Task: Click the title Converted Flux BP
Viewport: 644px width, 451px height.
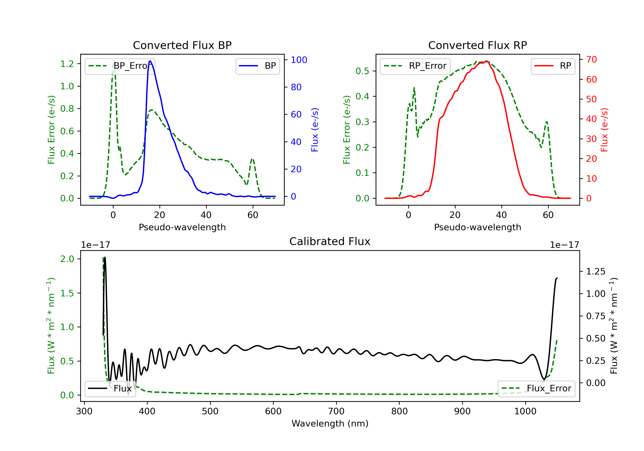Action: pos(182,45)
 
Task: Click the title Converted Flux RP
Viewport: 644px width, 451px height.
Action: pos(477,45)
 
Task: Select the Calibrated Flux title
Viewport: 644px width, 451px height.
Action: pos(330,241)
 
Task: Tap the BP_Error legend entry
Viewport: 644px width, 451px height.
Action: pos(120,66)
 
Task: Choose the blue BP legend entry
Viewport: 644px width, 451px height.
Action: pos(257,66)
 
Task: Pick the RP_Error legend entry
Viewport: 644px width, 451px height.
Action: pos(415,66)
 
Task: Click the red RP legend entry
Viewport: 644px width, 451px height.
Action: pos(553,66)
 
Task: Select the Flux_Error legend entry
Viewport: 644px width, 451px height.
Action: pos(536,389)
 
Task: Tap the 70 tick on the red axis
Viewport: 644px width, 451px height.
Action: pos(591,59)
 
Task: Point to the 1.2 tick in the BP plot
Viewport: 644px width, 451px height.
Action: pos(67,64)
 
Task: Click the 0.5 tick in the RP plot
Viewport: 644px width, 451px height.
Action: pos(362,71)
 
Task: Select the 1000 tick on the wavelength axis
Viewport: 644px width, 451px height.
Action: pos(525,411)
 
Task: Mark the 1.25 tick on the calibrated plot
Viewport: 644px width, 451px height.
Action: pos(596,271)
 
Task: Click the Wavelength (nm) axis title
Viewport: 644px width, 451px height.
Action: pos(330,424)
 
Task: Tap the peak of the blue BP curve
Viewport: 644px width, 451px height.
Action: pos(150,61)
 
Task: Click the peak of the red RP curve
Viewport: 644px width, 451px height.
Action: pos(486,61)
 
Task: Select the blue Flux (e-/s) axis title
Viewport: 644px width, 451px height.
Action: pos(315,130)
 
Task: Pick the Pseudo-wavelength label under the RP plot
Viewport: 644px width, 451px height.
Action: pos(477,227)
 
